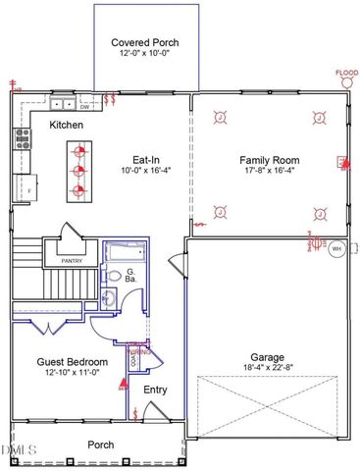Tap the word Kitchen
[x=66, y=126]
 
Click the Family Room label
[x=269, y=159]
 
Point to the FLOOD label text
[x=345, y=72]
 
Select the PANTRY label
[x=72, y=262]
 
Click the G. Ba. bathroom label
[x=130, y=276]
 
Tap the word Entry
[x=155, y=391]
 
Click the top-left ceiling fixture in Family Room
[x=221, y=119]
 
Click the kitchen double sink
[x=64, y=103]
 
